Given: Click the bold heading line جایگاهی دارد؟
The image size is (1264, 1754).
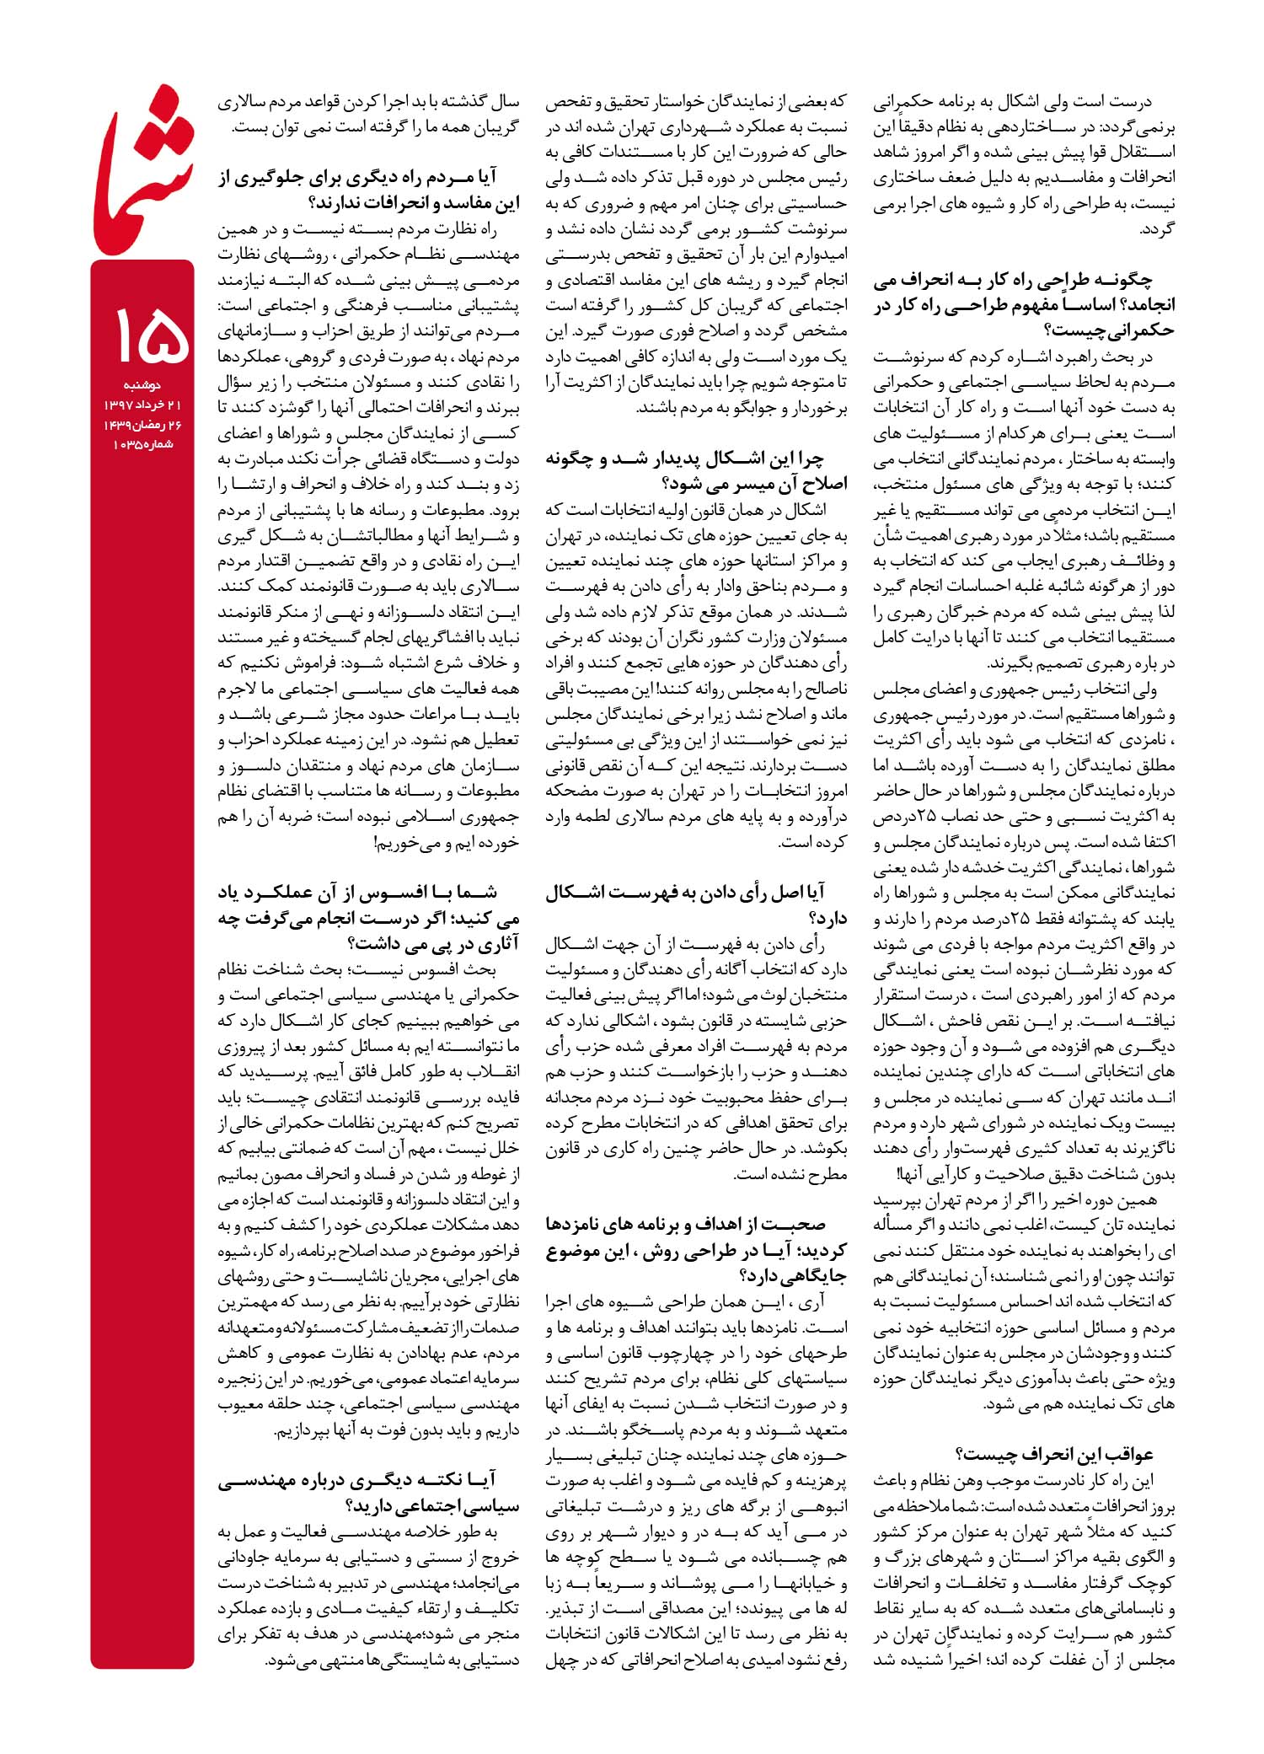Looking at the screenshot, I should tap(792, 1275).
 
